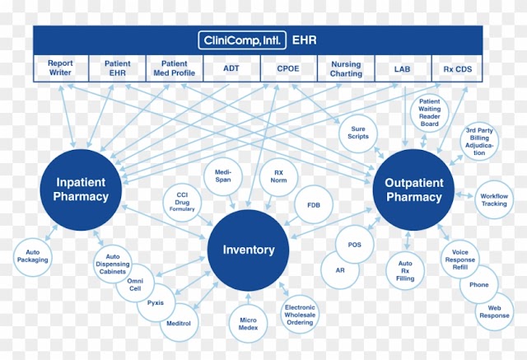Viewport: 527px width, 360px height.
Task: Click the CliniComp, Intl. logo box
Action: (242, 40)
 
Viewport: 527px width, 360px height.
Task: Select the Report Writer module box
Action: (61, 68)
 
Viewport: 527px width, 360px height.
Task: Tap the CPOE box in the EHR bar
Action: (289, 68)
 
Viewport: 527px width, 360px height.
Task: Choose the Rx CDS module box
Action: (457, 68)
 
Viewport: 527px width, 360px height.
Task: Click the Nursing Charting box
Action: (346, 68)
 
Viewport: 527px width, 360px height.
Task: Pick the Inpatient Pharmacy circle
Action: (81, 190)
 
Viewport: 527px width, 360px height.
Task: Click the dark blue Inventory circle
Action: (249, 250)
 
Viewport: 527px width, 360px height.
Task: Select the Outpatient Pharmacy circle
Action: (413, 190)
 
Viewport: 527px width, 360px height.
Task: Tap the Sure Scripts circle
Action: (358, 133)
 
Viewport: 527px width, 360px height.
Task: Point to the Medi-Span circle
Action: (223, 176)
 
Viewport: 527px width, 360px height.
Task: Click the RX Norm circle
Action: (278, 176)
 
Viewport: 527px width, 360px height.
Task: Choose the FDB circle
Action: (314, 204)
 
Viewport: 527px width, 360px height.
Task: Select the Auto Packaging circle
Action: (33, 256)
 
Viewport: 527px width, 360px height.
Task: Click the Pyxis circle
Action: (156, 302)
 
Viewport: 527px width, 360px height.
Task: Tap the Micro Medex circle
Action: (248, 324)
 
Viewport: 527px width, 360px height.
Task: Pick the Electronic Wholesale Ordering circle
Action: (300, 315)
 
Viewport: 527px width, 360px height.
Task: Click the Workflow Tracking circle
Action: (494, 199)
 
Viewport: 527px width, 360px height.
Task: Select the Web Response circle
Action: (494, 311)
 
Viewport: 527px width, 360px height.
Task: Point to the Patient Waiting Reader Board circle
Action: (430, 113)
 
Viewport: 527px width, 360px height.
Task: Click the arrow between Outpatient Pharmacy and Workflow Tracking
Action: (464, 195)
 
